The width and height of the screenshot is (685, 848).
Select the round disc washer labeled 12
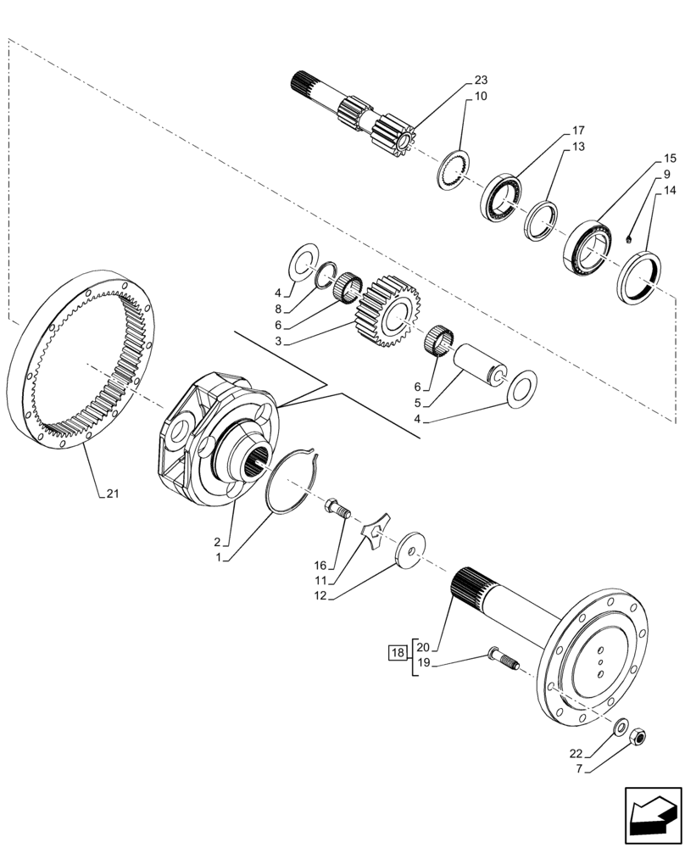(412, 552)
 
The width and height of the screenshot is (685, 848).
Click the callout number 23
(481, 80)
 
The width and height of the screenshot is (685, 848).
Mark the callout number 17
(578, 131)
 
